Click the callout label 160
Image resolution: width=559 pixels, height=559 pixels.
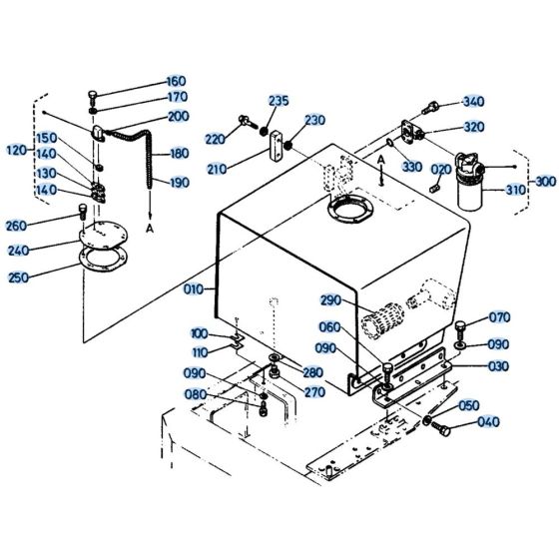pyautogui.click(x=176, y=81)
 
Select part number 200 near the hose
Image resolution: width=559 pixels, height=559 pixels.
pyautogui.click(x=179, y=117)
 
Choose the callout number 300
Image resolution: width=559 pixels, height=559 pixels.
pyautogui.click(x=546, y=182)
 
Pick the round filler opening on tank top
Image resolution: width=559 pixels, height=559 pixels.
pyautogui.click(x=345, y=211)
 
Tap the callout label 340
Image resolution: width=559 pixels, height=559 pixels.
pyautogui.click(x=473, y=102)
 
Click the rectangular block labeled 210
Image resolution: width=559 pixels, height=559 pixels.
pyautogui.click(x=274, y=154)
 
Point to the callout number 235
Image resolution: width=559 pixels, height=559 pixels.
pyautogui.click(x=278, y=101)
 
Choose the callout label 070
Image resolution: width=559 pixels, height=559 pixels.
pyautogui.click(x=500, y=319)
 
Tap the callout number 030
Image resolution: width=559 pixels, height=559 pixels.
pyautogui.click(x=500, y=365)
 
